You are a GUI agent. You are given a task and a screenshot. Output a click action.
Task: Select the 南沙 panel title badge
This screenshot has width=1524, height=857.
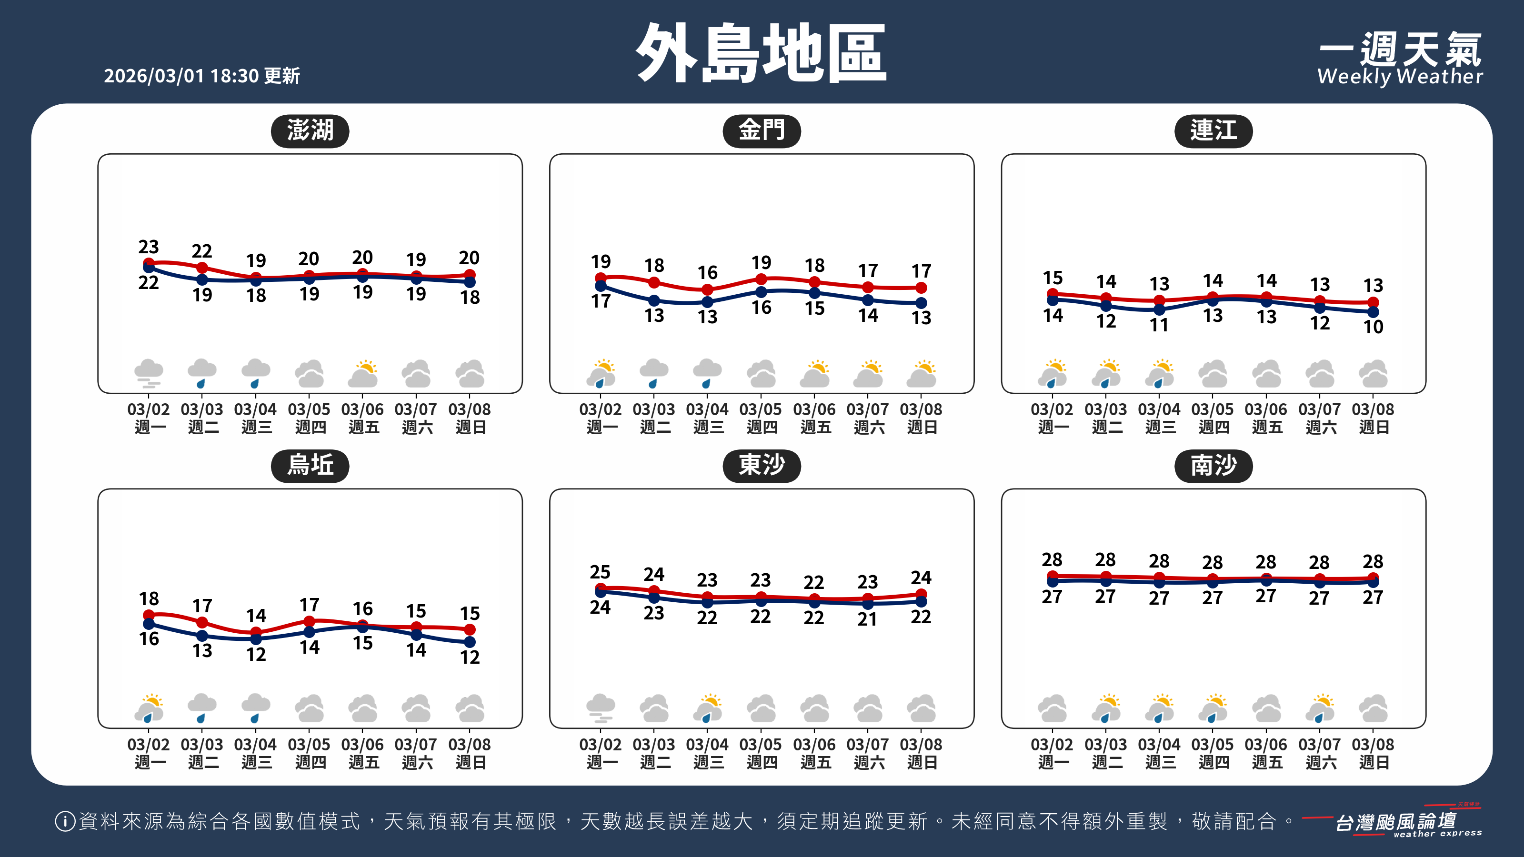tap(1213, 466)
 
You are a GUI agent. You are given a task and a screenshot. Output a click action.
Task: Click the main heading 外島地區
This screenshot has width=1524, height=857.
tap(762, 53)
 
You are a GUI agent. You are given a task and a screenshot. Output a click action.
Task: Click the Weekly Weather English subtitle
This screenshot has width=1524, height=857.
tap(1400, 77)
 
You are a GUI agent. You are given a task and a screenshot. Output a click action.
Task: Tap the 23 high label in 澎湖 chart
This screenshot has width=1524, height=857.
tap(149, 247)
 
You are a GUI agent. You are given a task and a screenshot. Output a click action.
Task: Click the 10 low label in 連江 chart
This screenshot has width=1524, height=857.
tap(1373, 327)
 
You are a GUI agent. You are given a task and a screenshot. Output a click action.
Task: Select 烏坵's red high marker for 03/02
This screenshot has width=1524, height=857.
tap(149, 615)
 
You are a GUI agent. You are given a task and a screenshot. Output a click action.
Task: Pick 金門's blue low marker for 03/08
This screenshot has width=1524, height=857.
tap(921, 303)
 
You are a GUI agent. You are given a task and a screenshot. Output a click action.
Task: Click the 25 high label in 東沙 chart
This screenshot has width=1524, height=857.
tap(600, 572)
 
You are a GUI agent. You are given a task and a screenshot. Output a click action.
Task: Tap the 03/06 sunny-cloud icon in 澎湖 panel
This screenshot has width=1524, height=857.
tap(362, 374)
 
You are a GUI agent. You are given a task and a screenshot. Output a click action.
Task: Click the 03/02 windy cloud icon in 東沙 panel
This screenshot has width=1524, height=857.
tap(600, 708)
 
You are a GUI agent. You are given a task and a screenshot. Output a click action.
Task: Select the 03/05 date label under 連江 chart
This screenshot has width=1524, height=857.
tap(1212, 409)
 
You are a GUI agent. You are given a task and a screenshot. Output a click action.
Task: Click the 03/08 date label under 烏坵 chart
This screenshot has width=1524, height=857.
tap(469, 744)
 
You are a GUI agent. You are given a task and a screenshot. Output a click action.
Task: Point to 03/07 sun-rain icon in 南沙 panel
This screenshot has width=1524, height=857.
tap(1320, 708)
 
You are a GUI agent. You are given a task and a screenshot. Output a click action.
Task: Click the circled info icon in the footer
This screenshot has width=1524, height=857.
tap(64, 821)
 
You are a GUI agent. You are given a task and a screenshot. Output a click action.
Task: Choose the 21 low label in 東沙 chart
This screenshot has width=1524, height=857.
tap(867, 619)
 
